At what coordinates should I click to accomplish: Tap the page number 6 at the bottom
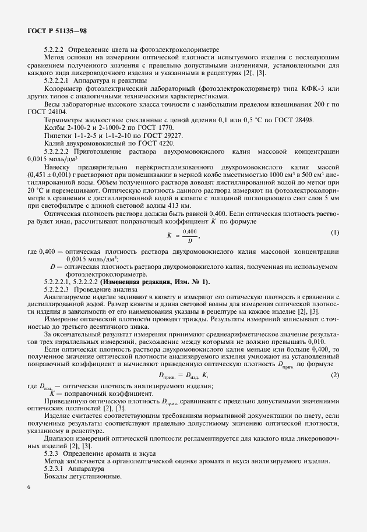(x=29, y=503)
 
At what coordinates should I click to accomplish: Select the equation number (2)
(x=334, y=374)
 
